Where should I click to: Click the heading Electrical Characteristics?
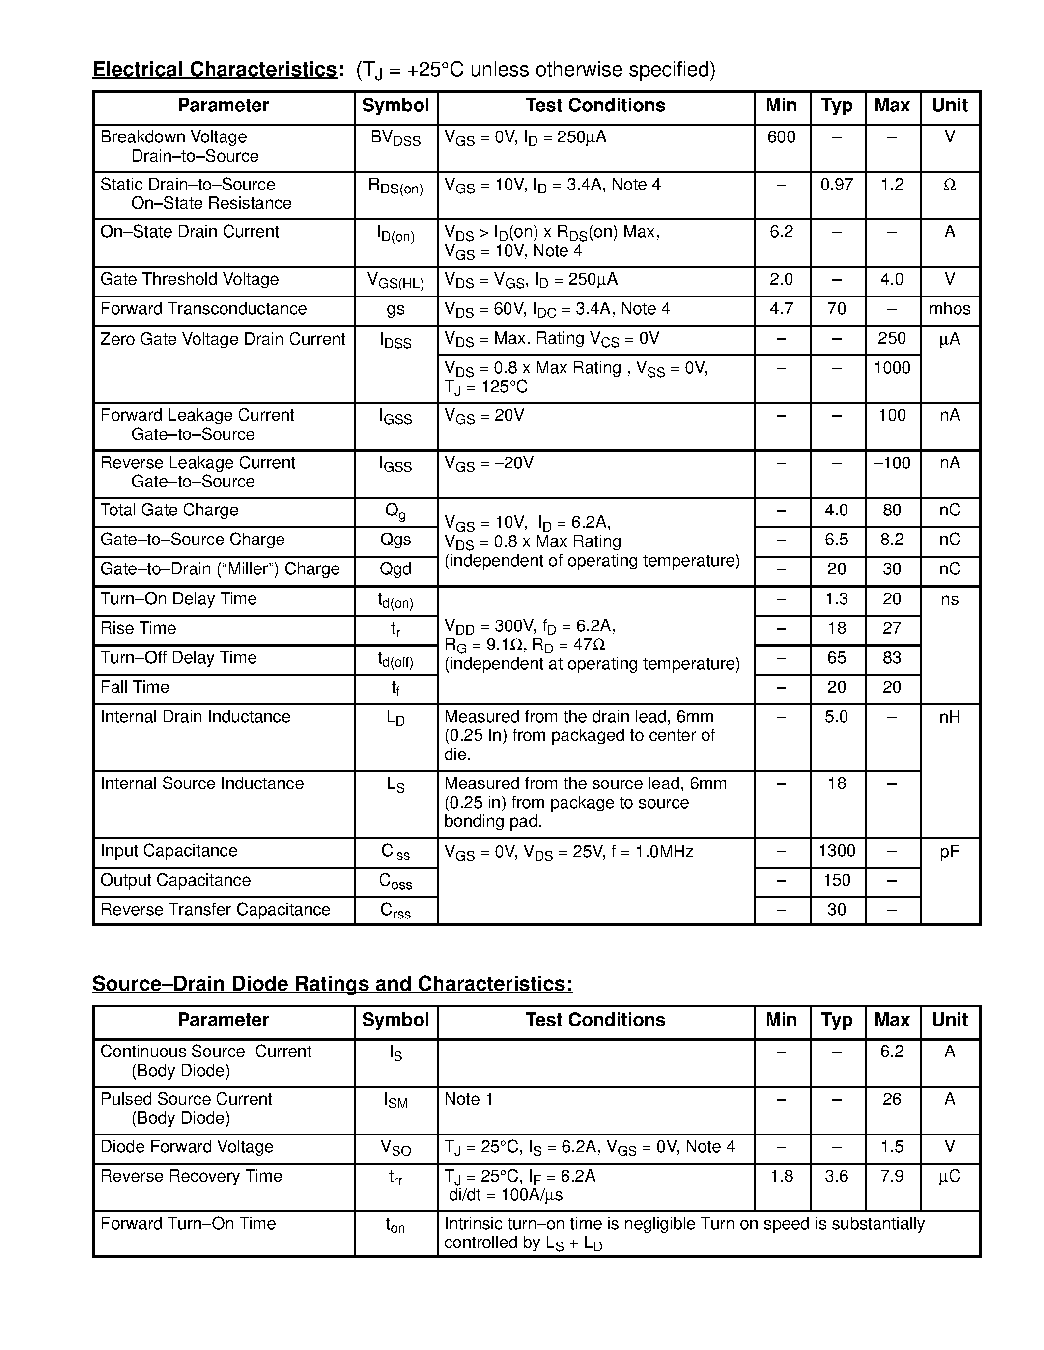(215, 69)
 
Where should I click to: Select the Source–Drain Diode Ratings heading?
(332, 983)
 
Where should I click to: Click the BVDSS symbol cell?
(395, 138)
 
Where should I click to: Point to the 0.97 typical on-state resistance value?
(836, 184)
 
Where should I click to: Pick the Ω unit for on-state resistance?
(949, 184)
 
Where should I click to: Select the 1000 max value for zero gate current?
(891, 368)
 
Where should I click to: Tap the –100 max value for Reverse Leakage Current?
(891, 463)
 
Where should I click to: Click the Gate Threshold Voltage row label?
(189, 279)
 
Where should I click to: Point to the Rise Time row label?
(138, 628)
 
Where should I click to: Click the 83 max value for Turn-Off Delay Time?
(891, 658)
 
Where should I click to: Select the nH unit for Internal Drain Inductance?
(949, 717)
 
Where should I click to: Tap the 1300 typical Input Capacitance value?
(836, 851)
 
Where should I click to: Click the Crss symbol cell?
(395, 911)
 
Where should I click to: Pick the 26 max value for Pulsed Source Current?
(891, 1099)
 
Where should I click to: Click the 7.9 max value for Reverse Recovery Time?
(891, 1176)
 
